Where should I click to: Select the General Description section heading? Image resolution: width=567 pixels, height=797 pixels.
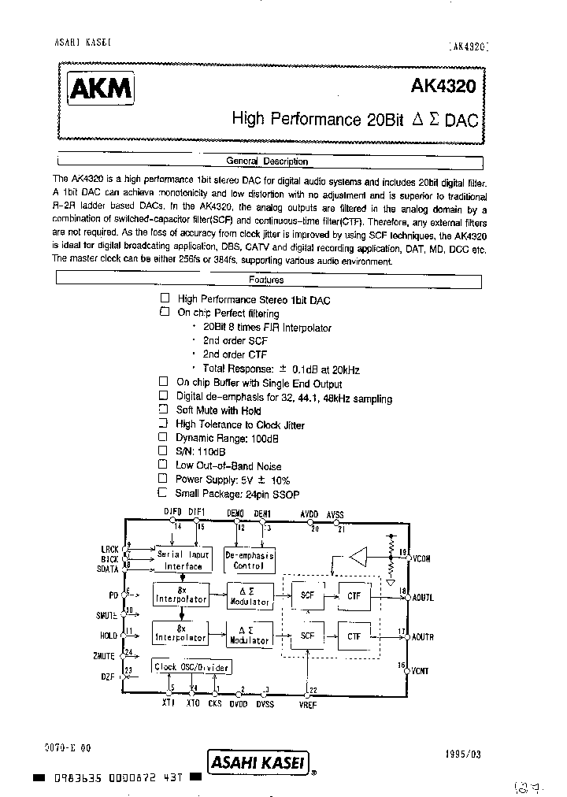tap(267, 161)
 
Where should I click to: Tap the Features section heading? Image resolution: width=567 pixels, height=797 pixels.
tap(267, 280)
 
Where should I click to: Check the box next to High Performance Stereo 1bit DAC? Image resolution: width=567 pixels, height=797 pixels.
tap(165, 298)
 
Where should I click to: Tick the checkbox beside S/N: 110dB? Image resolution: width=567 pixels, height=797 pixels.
tap(163, 451)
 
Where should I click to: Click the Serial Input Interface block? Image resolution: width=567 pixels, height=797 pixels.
tap(183, 560)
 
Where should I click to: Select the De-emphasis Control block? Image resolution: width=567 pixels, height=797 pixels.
tap(249, 560)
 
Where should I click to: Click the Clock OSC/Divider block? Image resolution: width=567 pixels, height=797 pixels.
tap(191, 667)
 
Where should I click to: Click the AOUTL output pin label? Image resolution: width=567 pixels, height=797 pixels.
tap(423, 597)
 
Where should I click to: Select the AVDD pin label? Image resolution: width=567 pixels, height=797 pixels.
tap(309, 514)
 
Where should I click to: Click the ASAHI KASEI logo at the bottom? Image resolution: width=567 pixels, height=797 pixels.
tap(255, 760)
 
